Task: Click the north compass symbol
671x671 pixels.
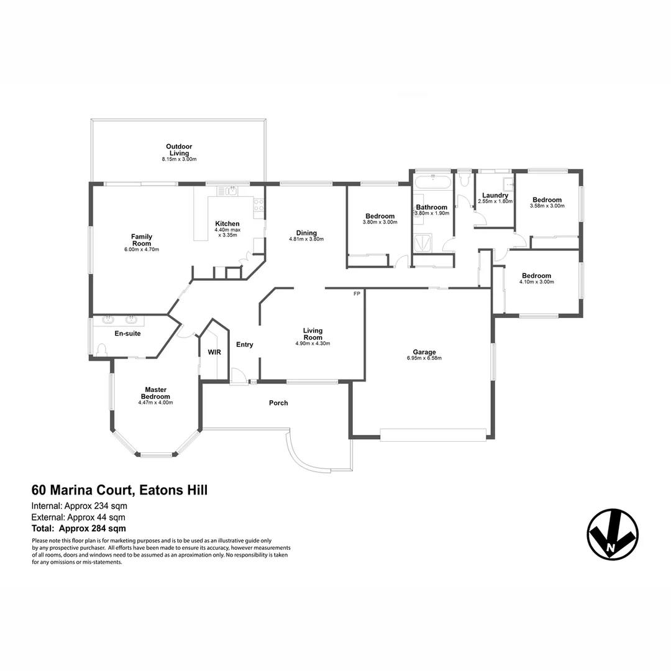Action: click(613, 534)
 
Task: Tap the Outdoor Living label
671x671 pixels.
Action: click(178, 150)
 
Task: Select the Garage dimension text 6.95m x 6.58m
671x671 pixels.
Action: click(424, 358)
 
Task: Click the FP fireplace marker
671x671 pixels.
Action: click(357, 293)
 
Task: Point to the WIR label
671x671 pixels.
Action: click(214, 352)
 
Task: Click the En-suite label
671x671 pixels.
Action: click(127, 334)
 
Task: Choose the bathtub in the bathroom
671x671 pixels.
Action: click(432, 183)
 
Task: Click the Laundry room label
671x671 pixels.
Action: click(495, 195)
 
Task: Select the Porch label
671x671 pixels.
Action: click(278, 403)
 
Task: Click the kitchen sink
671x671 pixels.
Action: click(231, 191)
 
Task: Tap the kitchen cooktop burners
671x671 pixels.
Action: click(258, 204)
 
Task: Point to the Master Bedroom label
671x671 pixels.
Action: click(155, 393)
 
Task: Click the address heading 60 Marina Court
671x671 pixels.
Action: click(119, 490)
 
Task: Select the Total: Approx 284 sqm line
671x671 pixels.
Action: click(79, 529)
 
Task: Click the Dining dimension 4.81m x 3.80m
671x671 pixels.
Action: click(306, 239)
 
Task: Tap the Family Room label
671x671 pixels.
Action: click(142, 240)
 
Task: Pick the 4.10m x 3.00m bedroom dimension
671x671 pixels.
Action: click(536, 282)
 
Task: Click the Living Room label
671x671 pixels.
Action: click(313, 334)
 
